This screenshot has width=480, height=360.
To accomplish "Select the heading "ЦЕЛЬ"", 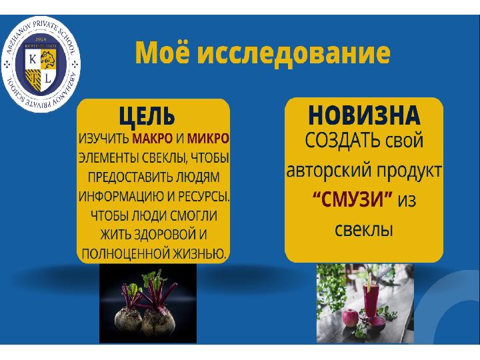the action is pos(147,116).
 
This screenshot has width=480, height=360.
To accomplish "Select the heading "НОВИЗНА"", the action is pos(364,115).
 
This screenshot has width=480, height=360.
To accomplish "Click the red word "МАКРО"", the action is pos(153,139).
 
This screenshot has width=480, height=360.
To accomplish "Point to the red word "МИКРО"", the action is pos(208,139).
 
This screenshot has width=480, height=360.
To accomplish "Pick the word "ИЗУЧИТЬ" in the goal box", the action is pos(104,139).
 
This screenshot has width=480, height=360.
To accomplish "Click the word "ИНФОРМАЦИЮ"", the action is pos(121,197).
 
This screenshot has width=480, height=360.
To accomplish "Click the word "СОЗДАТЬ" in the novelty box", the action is pos(342,141).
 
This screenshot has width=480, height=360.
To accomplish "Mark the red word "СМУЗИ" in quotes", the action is pos(353,199).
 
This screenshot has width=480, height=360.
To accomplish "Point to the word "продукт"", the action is pos(409,171).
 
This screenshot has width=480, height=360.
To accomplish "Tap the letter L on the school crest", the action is pos(48,79).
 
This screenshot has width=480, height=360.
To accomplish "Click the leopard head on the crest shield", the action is pos(49,59).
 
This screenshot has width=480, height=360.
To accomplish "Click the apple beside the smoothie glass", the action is pos(349,319).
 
